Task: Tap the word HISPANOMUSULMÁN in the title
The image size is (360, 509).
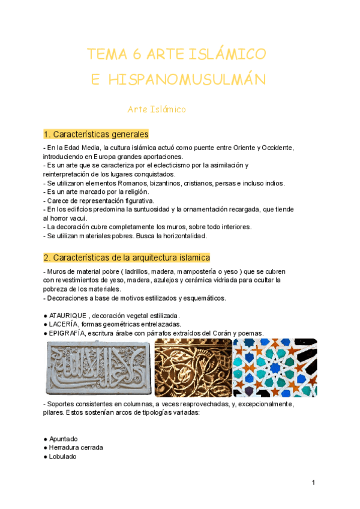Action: click(187, 80)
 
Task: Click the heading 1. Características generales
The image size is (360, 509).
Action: click(96, 134)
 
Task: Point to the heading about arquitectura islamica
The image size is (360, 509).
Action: click(127, 258)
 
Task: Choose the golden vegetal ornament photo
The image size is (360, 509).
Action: click(193, 367)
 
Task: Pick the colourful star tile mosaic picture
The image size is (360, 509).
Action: click(275, 367)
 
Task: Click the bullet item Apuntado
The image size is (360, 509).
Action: click(64, 439)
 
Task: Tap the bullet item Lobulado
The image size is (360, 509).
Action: click(62, 456)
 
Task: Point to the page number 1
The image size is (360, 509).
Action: click(313, 483)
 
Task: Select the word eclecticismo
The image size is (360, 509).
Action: click(175, 165)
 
